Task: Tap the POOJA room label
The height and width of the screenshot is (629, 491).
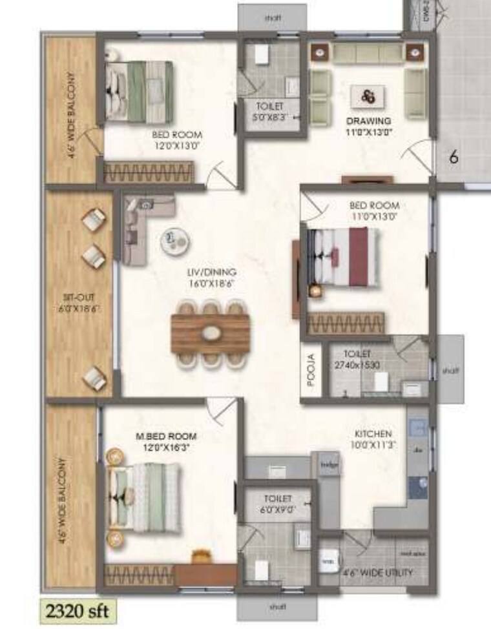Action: (311, 369)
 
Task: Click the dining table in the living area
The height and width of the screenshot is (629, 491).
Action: (211, 333)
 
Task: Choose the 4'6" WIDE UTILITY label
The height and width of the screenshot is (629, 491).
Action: (377, 572)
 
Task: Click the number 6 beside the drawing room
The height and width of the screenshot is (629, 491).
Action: (454, 157)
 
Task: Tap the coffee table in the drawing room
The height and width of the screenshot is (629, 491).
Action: (368, 97)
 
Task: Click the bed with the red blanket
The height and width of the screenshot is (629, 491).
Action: (342, 257)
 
